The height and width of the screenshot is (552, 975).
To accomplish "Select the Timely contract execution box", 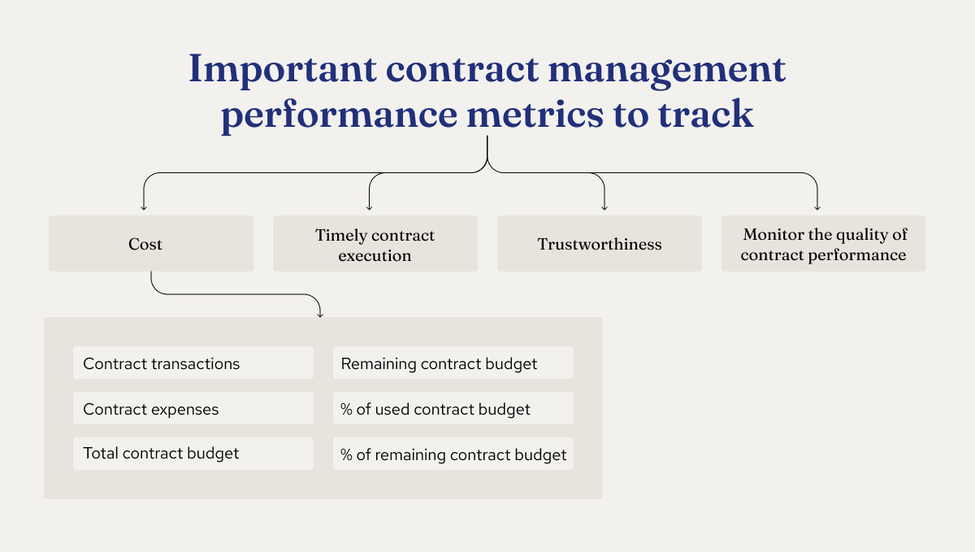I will [375, 245].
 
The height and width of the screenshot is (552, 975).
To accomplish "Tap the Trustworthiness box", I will [600, 244].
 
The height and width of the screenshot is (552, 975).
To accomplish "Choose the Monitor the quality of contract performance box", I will [823, 244].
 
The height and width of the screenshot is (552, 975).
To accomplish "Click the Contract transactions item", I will [193, 363].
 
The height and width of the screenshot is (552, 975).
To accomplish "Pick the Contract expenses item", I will [193, 408].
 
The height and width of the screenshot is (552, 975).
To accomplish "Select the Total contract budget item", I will [193, 453].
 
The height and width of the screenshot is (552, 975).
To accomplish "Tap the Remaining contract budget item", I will [453, 363].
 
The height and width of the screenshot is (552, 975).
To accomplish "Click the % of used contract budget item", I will [453, 408].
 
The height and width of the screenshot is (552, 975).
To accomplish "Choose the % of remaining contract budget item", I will [453, 454].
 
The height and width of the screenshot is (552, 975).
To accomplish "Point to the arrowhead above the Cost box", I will [144, 206].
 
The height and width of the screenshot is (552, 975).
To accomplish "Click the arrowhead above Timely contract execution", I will [369, 206].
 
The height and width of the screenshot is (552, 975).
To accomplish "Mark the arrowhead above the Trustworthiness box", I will [604, 206].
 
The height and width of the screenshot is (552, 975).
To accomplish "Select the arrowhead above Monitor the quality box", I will [817, 206].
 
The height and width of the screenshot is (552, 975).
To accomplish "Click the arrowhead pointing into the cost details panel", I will [319, 312].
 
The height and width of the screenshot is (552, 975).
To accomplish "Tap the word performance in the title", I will [338, 115].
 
